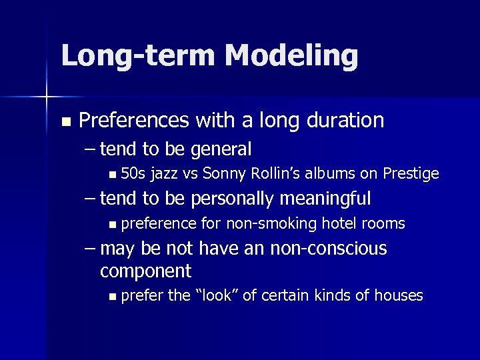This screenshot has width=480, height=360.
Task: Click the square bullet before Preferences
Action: click(x=65, y=122)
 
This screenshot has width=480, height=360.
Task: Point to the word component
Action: click(x=145, y=271)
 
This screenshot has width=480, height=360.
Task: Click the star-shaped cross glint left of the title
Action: click(x=47, y=97)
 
